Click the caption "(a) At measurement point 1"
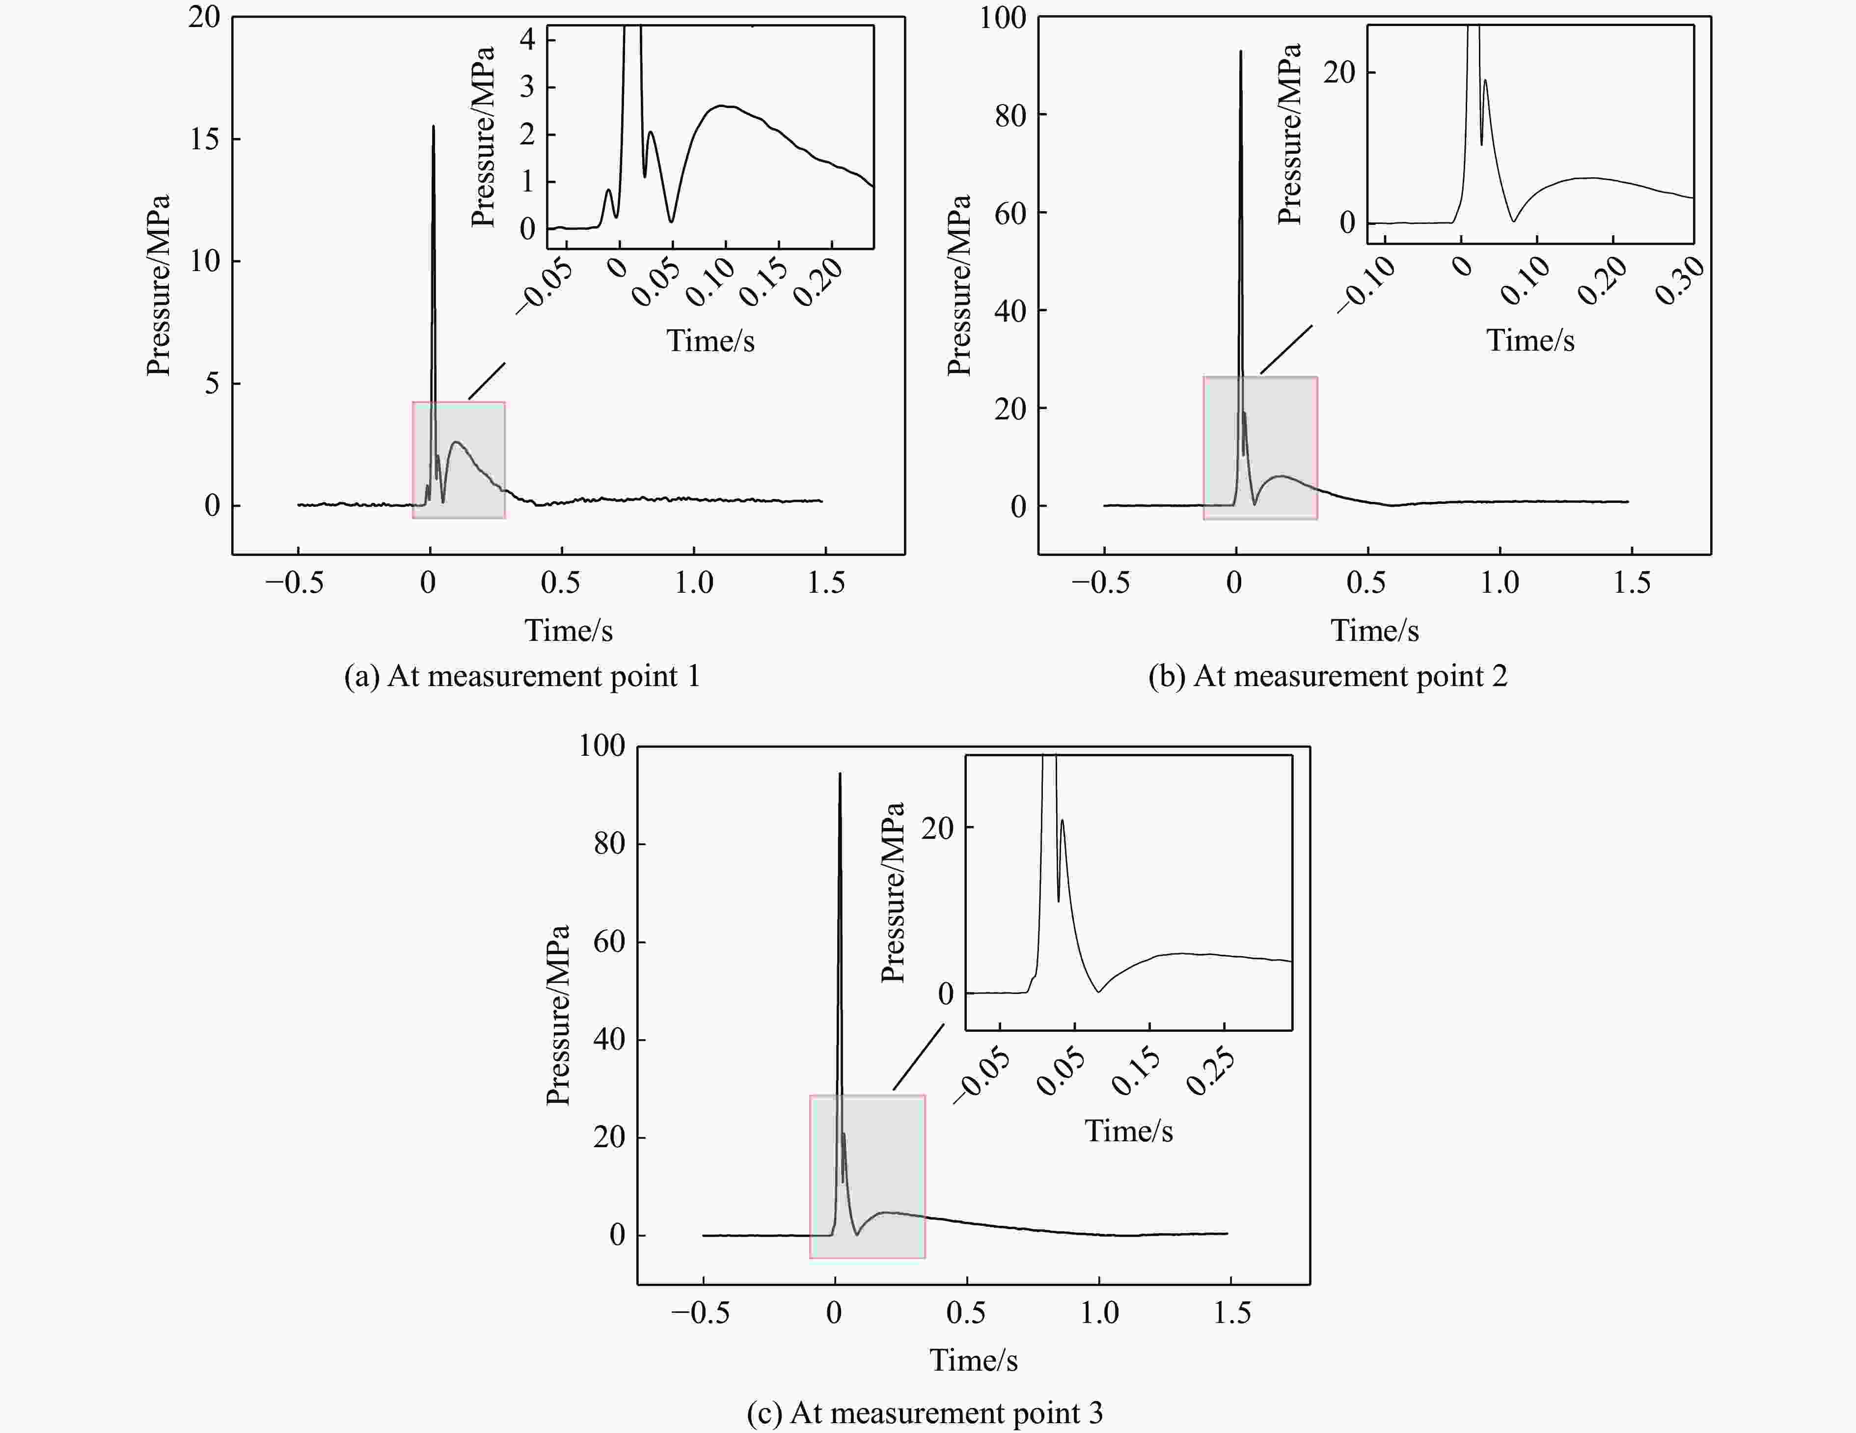coord(522,677)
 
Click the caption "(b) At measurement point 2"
coord(1327,677)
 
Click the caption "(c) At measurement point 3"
coord(925,1412)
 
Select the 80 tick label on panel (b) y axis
coord(1010,115)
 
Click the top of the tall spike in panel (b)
coord(1241,53)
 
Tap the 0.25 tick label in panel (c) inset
coord(1210,1073)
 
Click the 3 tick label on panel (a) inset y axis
coord(528,87)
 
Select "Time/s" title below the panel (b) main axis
coord(1374,631)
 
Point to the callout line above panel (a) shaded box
coord(487,382)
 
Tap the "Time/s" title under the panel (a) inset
coord(710,341)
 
